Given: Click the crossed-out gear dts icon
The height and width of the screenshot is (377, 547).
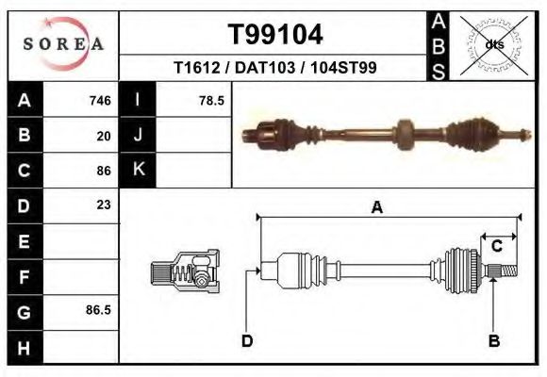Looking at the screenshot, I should [491, 43].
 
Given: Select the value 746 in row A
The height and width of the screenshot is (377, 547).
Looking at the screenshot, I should [100, 101].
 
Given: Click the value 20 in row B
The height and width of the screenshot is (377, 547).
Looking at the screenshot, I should [104, 136].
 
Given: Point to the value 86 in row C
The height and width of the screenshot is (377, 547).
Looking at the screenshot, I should [104, 171].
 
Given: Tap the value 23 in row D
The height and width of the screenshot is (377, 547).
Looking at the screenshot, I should [104, 205].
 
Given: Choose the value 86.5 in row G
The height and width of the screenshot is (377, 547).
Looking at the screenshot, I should [99, 309].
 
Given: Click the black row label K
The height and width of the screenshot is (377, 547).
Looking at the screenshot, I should [139, 170].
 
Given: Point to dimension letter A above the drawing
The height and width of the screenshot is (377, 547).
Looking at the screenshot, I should [377, 208].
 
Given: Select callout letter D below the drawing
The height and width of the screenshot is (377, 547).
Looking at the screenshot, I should [246, 340].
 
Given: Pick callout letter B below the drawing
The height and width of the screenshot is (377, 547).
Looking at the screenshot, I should [493, 340].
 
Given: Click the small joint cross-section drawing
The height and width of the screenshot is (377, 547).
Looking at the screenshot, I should [185, 272].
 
